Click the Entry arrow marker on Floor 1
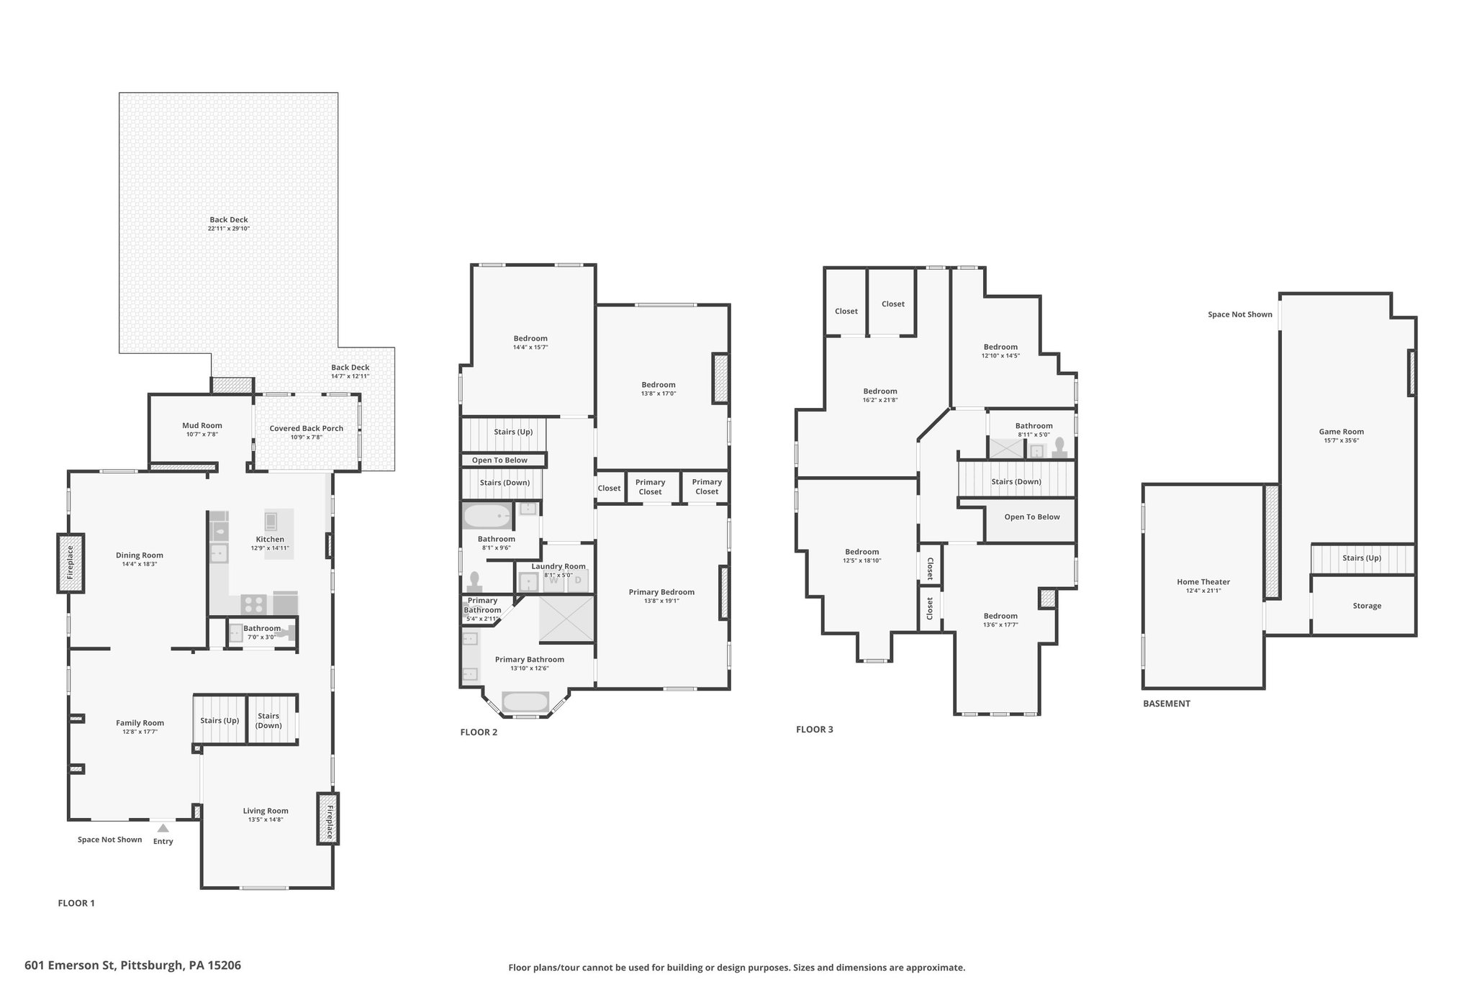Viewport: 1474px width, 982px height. coord(163,828)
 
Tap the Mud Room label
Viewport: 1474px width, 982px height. coord(202,425)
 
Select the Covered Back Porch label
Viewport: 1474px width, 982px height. coord(307,428)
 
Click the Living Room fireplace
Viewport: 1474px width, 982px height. coord(327,818)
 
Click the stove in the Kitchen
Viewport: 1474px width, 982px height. coord(253,603)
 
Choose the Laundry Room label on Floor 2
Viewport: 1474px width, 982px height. coord(559,566)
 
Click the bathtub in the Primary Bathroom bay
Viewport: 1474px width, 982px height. coord(525,701)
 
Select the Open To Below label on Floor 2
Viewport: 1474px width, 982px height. coord(499,460)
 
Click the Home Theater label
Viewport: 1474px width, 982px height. coord(1203,582)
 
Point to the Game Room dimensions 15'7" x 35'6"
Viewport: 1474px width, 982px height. coord(1342,440)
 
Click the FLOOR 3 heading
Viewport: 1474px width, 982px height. coord(815,729)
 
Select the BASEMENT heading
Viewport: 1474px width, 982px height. coord(1167,704)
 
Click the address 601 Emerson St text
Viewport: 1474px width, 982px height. coord(71,965)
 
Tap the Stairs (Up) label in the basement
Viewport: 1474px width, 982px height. coord(1362,558)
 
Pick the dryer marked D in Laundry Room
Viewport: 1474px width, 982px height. coord(577,580)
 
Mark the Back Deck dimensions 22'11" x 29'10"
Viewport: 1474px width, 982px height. coord(229,229)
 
